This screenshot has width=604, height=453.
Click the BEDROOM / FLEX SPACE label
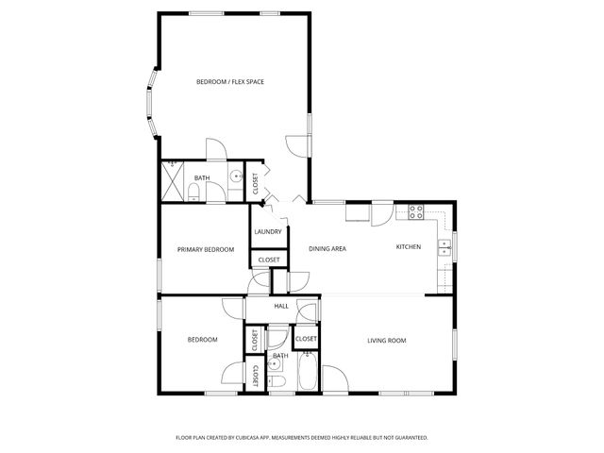tap(229, 82)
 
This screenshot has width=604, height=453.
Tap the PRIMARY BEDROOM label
tap(206, 249)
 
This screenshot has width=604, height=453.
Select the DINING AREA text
tap(327, 248)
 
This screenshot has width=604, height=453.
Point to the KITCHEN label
tap(408, 246)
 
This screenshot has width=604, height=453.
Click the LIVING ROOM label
tap(387, 340)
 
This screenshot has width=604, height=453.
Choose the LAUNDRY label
tap(268, 231)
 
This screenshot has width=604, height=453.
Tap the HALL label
tap(280, 307)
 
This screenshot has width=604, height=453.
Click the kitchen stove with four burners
tap(414, 212)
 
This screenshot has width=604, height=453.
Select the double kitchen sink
tap(444, 247)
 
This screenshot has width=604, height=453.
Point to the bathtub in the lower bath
tap(308, 372)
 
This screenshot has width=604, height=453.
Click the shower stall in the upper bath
tap(172, 180)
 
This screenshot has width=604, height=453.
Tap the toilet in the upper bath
tap(194, 193)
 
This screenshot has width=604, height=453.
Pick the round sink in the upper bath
tap(235, 176)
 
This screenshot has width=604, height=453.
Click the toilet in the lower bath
tap(276, 380)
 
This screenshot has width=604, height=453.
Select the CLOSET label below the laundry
tap(268, 260)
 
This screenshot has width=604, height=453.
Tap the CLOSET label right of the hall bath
tap(306, 339)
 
